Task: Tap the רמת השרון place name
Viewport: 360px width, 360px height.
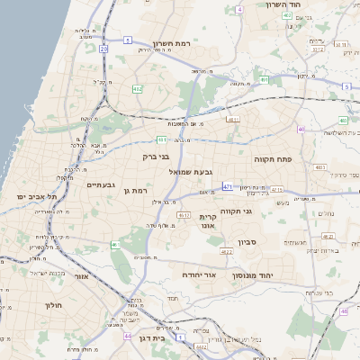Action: (x=171, y=43)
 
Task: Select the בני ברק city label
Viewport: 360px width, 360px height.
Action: (x=156, y=157)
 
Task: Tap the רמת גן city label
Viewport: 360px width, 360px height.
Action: (x=136, y=191)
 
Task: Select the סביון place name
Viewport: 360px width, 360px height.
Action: (x=249, y=242)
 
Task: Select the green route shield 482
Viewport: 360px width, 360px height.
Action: (x=138, y=89)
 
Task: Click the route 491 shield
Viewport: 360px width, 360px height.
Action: (x=264, y=79)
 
